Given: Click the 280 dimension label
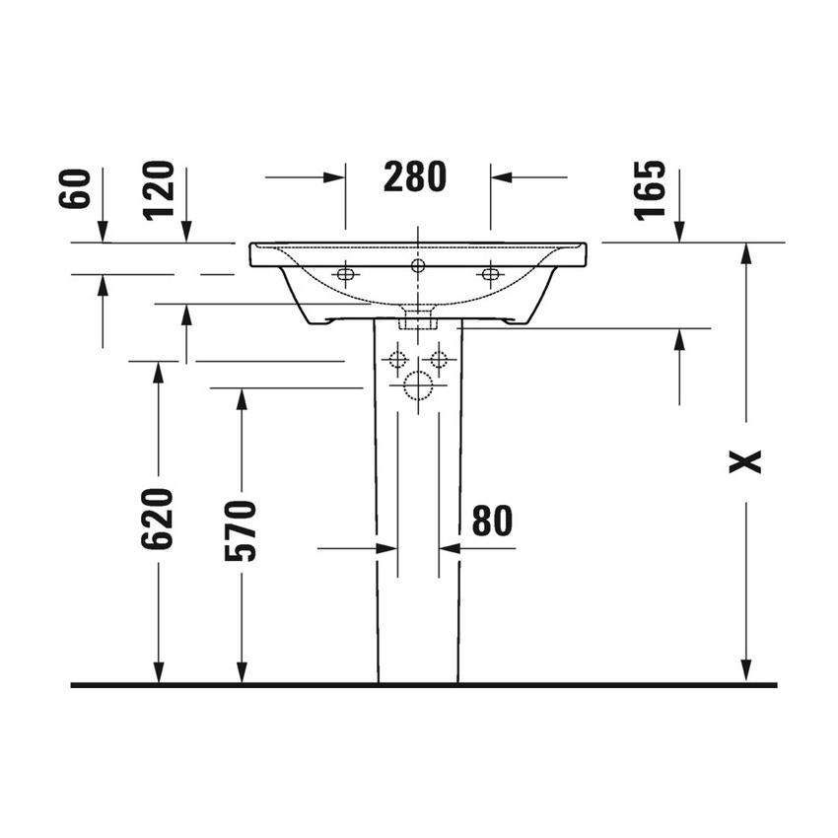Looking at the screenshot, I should (415, 176).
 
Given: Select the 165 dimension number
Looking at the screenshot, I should (651, 190).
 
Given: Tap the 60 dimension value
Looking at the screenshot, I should (76, 188).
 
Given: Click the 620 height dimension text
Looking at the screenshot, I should (158, 518).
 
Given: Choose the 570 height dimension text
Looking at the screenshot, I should (242, 530).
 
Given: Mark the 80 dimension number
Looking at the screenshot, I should (492, 521).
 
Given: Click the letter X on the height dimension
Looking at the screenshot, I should (746, 460).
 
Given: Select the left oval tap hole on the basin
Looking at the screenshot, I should (345, 273).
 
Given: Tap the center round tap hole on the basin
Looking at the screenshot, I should (418, 264).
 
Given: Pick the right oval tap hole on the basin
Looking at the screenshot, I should (490, 273).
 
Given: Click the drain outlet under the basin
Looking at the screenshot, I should (418, 320).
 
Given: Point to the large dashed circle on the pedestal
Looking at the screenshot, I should (418, 386).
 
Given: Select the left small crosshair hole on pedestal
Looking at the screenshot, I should (397, 359).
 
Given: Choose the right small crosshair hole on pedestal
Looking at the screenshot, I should (439, 359).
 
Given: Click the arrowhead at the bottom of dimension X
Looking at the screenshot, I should (746, 670).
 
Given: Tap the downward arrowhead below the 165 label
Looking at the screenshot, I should (678, 232).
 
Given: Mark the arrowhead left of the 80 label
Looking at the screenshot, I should (386, 548).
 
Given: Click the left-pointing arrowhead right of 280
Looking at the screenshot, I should (501, 177).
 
